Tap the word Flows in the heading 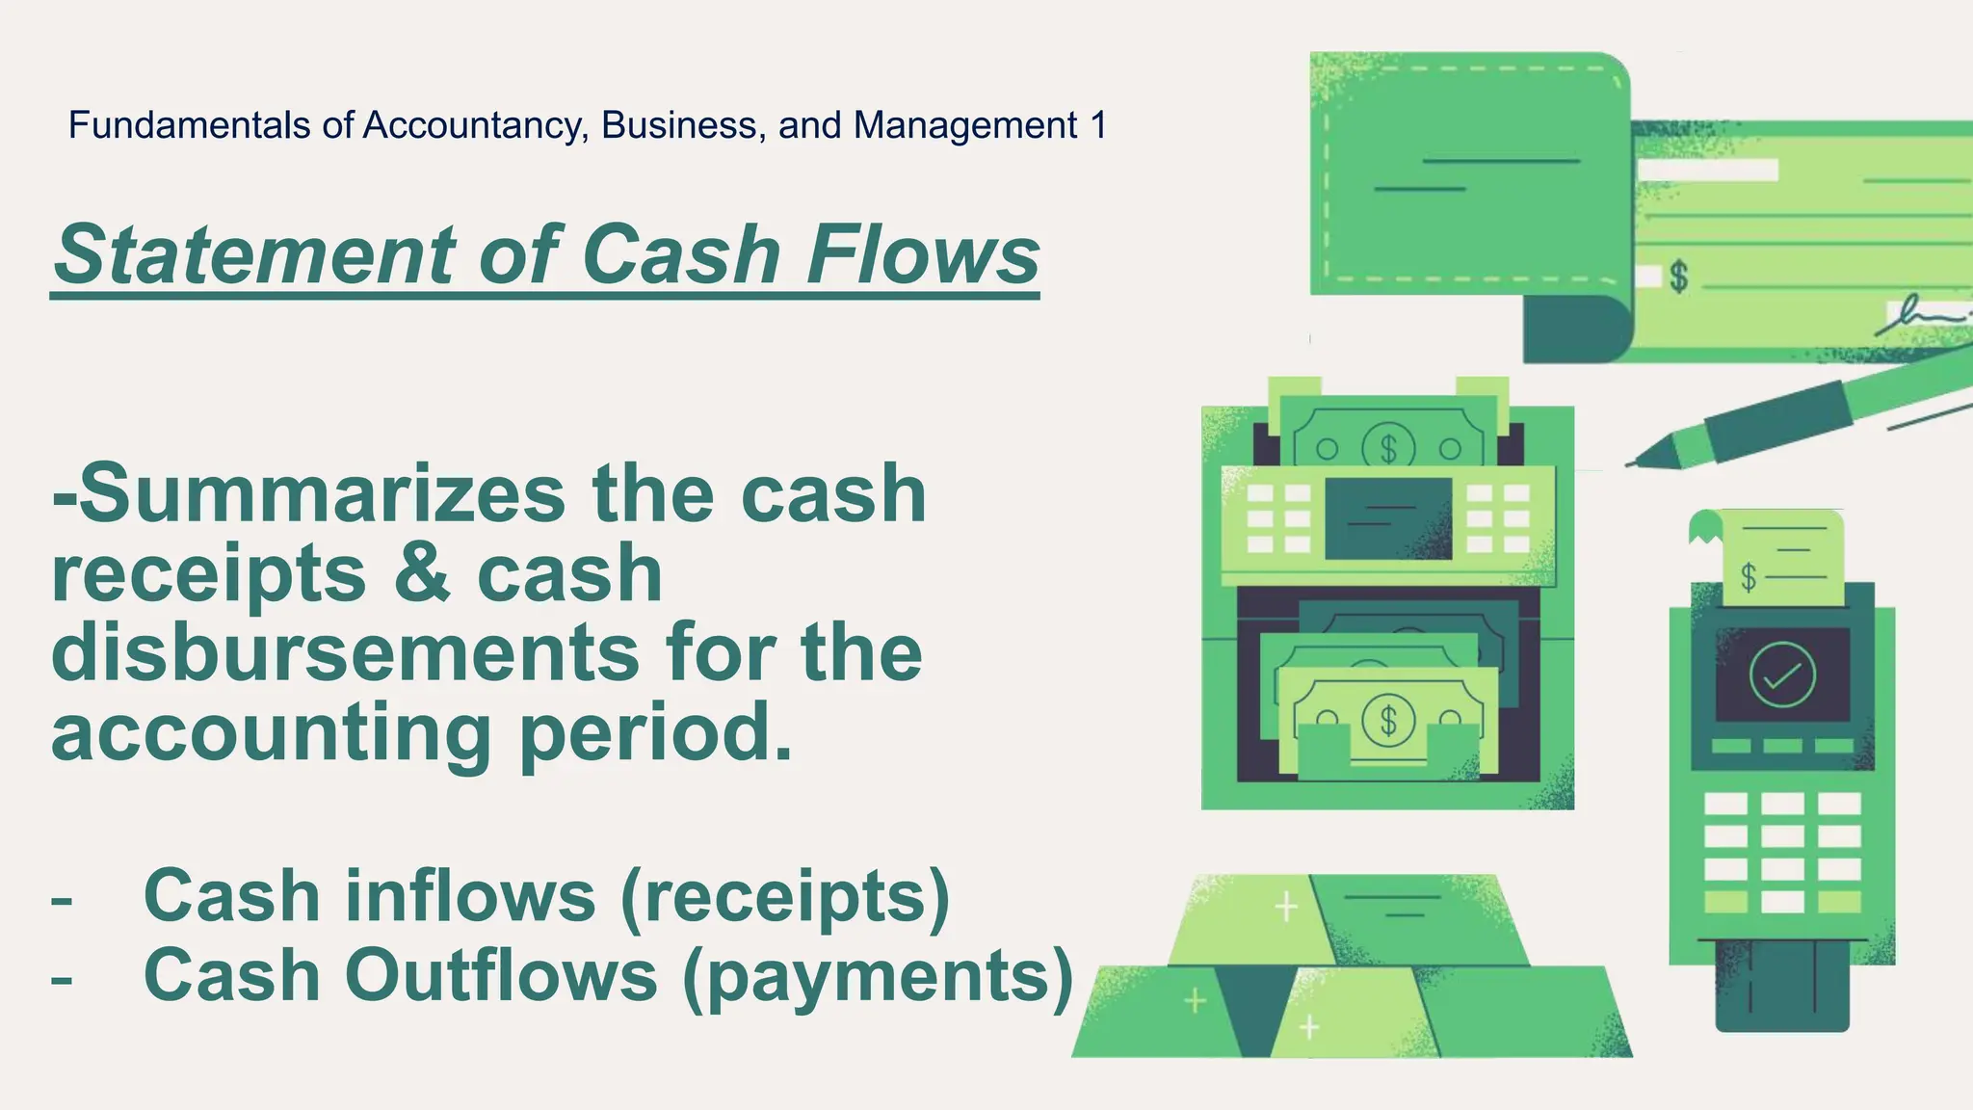point(923,254)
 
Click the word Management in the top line point(964,125)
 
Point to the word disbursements point(345,652)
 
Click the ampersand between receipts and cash point(422,573)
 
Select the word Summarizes point(322,493)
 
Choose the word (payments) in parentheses point(877,977)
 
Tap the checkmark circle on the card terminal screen point(1781,675)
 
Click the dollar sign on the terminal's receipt point(1749,577)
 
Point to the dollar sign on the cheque point(1679,277)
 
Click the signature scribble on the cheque point(1917,316)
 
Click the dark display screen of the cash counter point(1388,518)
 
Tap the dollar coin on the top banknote point(1387,448)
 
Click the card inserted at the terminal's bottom point(1782,988)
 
